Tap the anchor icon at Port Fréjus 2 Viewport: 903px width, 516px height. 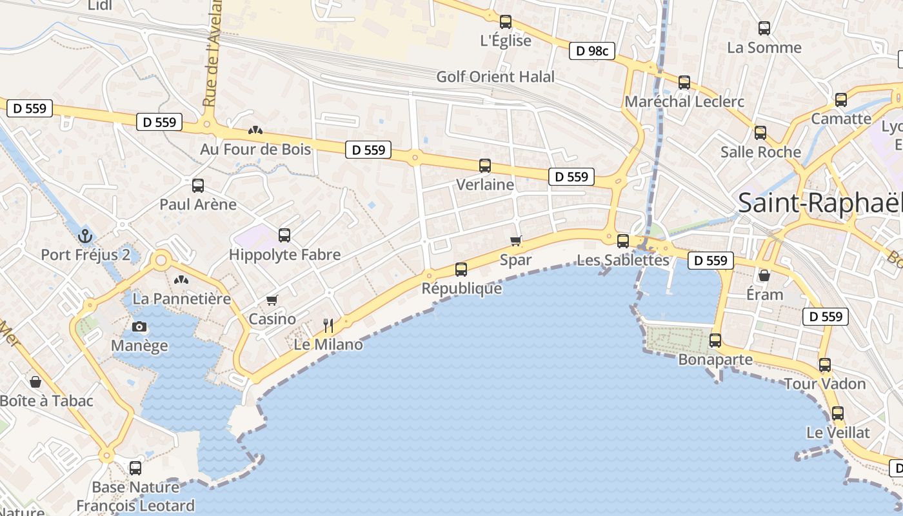pos(85,236)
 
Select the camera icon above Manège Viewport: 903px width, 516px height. pos(139,327)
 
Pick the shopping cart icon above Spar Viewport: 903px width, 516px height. pos(515,241)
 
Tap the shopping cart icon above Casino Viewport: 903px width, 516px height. pos(272,301)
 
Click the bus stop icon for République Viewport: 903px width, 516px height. pos(461,270)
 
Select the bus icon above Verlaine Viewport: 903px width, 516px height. pos(485,166)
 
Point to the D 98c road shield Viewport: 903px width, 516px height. pos(592,51)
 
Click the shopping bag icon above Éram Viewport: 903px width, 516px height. pos(764,276)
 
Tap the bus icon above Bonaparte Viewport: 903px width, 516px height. pos(715,341)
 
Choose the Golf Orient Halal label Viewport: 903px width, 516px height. pos(495,77)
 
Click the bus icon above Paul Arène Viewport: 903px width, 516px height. pos(198,186)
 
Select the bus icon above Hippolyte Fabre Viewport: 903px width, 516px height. pos(284,235)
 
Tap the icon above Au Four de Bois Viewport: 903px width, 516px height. pos(255,130)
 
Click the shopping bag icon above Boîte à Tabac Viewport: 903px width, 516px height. pos(35,382)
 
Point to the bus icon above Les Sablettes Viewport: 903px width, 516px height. pos(623,241)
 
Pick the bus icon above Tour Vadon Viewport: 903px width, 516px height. pos(825,365)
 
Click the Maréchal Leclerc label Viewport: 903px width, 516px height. pos(684,101)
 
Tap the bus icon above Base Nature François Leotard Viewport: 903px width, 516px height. pos(135,468)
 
